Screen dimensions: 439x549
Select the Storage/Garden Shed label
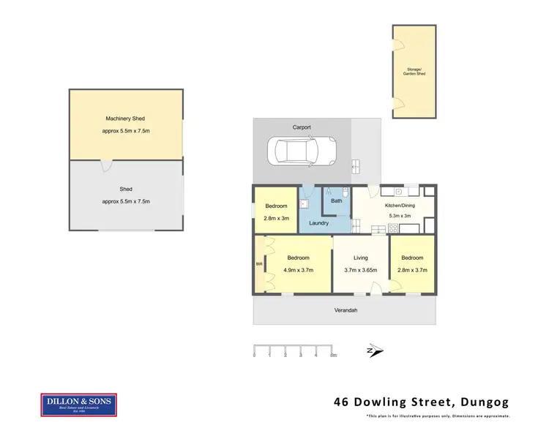(415, 72)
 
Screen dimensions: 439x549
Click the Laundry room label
(318, 222)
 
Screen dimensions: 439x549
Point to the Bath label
(337, 200)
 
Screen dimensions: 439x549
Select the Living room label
(361, 258)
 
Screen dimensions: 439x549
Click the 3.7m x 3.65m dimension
(361, 270)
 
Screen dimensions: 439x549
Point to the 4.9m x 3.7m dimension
(298, 270)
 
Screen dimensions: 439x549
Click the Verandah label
(346, 310)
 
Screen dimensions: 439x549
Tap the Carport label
(302, 127)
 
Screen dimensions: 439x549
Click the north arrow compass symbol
(374, 352)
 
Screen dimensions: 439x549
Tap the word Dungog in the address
(485, 402)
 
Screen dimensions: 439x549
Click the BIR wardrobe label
(258, 264)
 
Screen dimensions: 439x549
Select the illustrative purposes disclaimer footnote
(438, 416)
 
